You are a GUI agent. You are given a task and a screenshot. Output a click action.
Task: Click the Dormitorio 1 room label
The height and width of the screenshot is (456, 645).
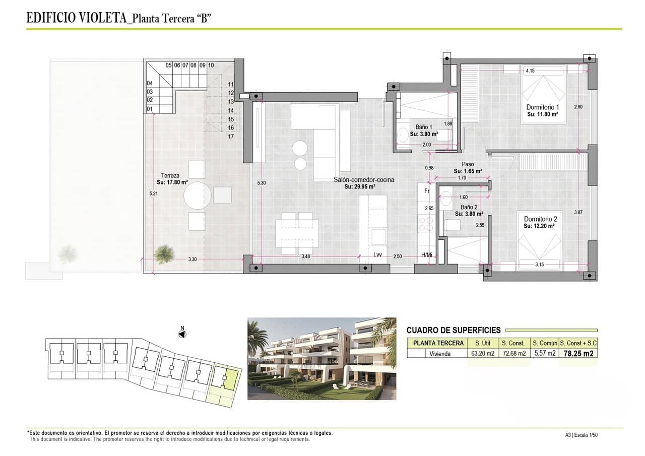pyautogui.click(x=543, y=107)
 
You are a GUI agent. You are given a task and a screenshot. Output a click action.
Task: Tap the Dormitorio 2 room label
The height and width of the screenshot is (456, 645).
pyautogui.click(x=540, y=219)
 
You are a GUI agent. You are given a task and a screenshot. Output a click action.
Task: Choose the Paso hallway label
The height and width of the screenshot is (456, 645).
pyautogui.click(x=468, y=164)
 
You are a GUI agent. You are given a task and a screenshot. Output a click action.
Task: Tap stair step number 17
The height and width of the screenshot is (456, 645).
pyautogui.click(x=231, y=137)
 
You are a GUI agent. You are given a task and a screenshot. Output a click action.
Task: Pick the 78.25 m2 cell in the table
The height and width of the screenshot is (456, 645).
pyautogui.click(x=578, y=353)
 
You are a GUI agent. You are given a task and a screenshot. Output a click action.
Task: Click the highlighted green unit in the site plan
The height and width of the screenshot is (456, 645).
pyautogui.click(x=230, y=378)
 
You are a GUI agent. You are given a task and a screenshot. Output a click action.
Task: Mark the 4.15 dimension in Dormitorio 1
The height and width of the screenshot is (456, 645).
pyautogui.click(x=530, y=71)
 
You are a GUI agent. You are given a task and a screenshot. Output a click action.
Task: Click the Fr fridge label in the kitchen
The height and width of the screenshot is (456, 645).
pyautogui.click(x=426, y=191)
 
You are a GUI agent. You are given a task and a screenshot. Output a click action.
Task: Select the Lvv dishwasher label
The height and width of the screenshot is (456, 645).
pyautogui.click(x=377, y=256)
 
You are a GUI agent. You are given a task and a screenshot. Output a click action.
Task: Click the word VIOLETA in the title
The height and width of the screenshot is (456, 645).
pyautogui.click(x=103, y=19)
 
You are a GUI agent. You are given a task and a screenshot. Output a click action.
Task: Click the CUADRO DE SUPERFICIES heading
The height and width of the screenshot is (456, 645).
pyautogui.click(x=454, y=331)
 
